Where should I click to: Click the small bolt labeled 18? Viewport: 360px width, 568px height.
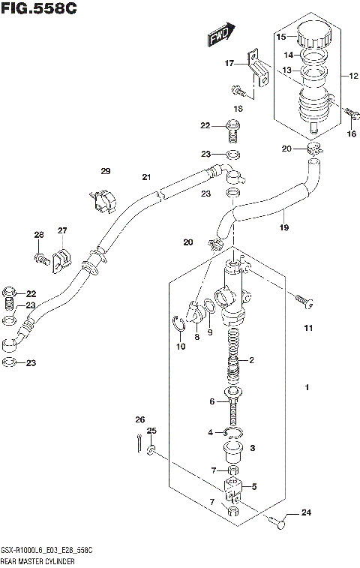point(239,92)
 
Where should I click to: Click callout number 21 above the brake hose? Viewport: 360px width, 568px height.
point(147,177)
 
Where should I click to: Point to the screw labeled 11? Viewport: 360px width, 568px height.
point(301,302)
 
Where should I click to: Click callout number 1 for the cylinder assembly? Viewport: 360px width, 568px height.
point(307,388)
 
